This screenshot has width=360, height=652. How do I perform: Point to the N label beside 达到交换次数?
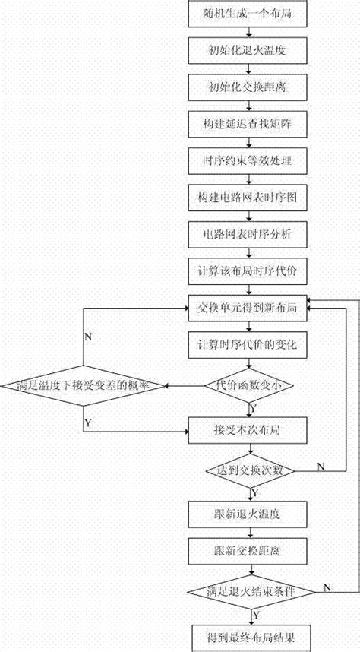[320, 465]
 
